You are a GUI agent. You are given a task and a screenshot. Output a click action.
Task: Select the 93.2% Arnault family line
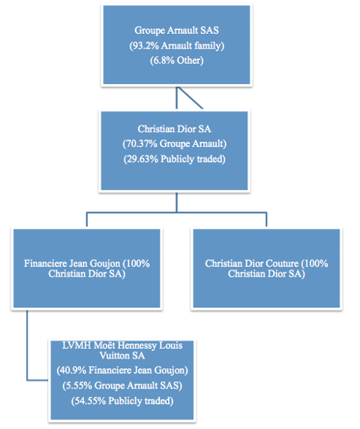tap(175, 45)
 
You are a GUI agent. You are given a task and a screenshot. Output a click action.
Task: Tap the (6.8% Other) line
tap(175, 60)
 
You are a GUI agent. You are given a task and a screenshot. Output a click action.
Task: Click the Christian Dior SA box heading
tap(175, 127)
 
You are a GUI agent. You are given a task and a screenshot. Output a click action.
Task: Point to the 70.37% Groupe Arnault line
tap(175, 143)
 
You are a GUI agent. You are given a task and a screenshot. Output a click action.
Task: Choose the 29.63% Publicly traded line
tap(175, 159)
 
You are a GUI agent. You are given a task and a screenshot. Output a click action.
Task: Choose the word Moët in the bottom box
tap(99, 344)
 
